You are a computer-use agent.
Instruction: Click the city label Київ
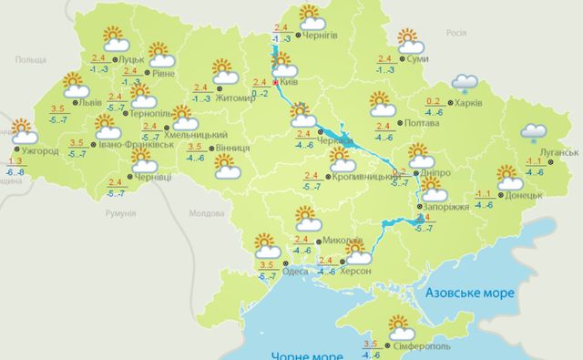[291, 82]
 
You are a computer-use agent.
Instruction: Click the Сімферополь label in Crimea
[422, 348]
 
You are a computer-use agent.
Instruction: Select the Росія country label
[455, 32]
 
